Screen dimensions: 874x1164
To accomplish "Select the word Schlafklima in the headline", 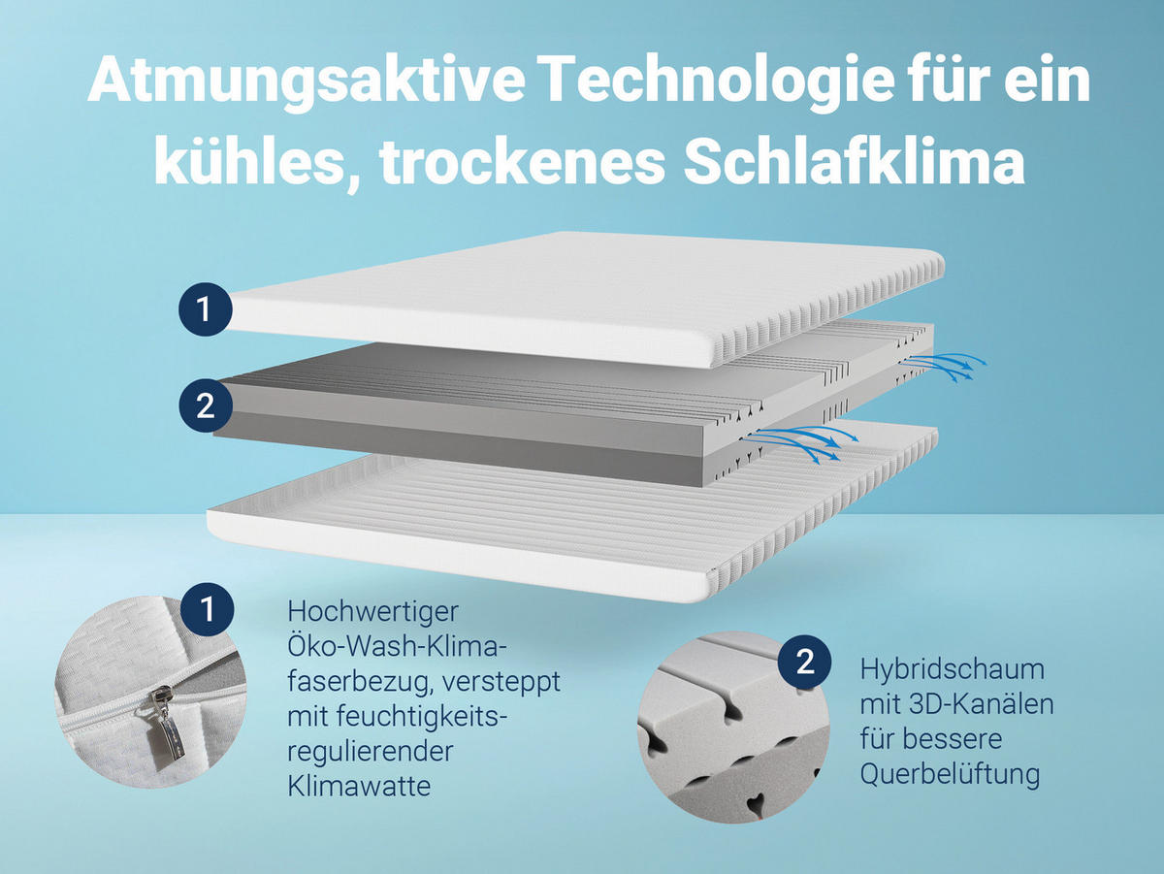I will (855, 164).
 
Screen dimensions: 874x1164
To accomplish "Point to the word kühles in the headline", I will (250, 164).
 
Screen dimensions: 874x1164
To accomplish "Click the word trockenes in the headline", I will (523, 164).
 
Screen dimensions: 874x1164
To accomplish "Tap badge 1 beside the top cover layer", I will (204, 308).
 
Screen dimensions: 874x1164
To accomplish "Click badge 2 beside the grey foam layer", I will (205, 405).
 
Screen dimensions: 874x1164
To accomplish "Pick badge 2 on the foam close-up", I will (805, 663).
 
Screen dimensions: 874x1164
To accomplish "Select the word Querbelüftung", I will (950, 774).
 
